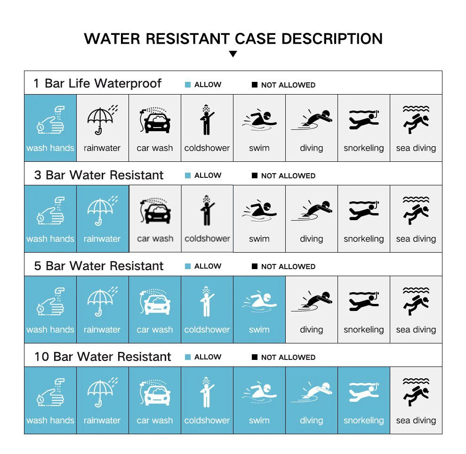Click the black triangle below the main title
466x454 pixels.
[233, 54]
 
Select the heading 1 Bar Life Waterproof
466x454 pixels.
[97, 83]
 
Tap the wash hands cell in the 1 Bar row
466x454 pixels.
[50, 128]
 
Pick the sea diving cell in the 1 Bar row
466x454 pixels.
[416, 128]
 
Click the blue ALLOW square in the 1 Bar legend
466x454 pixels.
[188, 85]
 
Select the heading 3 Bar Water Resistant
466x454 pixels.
[98, 175]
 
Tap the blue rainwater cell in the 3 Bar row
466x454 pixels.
[102, 219]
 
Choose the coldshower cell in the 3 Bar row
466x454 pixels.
[207, 219]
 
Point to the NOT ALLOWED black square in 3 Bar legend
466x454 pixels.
[255, 175]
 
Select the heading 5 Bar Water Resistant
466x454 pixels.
[98, 266]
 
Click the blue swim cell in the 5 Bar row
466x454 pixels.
[259, 310]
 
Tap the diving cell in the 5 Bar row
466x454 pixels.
[312, 310]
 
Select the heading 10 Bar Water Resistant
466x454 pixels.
[103, 357]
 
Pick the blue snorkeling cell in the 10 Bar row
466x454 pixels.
[364, 400]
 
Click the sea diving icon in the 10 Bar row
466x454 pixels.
[416, 392]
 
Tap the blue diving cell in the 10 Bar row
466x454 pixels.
[312, 400]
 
